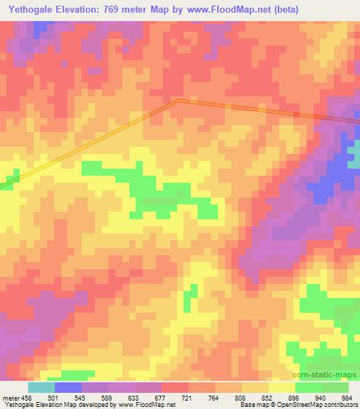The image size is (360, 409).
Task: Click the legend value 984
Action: (x=349, y=397)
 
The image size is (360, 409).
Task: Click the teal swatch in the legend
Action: (x=41, y=387)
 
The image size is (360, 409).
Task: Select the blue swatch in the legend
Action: (x=67, y=387)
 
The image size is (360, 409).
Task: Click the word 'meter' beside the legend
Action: (x=9, y=397)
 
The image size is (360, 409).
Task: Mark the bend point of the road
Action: (x=178, y=100)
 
